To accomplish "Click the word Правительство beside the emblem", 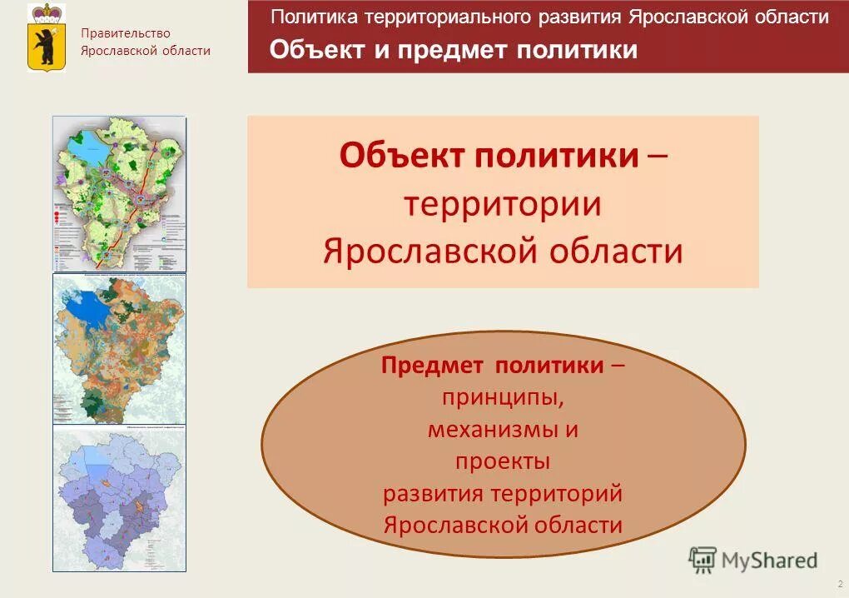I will point(125,33).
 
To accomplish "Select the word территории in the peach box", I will point(502,203).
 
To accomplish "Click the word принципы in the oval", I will point(502,397).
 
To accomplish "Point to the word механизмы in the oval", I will point(491,430).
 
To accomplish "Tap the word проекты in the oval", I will point(502,461).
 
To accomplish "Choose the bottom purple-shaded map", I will point(119,498).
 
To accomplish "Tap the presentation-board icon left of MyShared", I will point(703,560).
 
